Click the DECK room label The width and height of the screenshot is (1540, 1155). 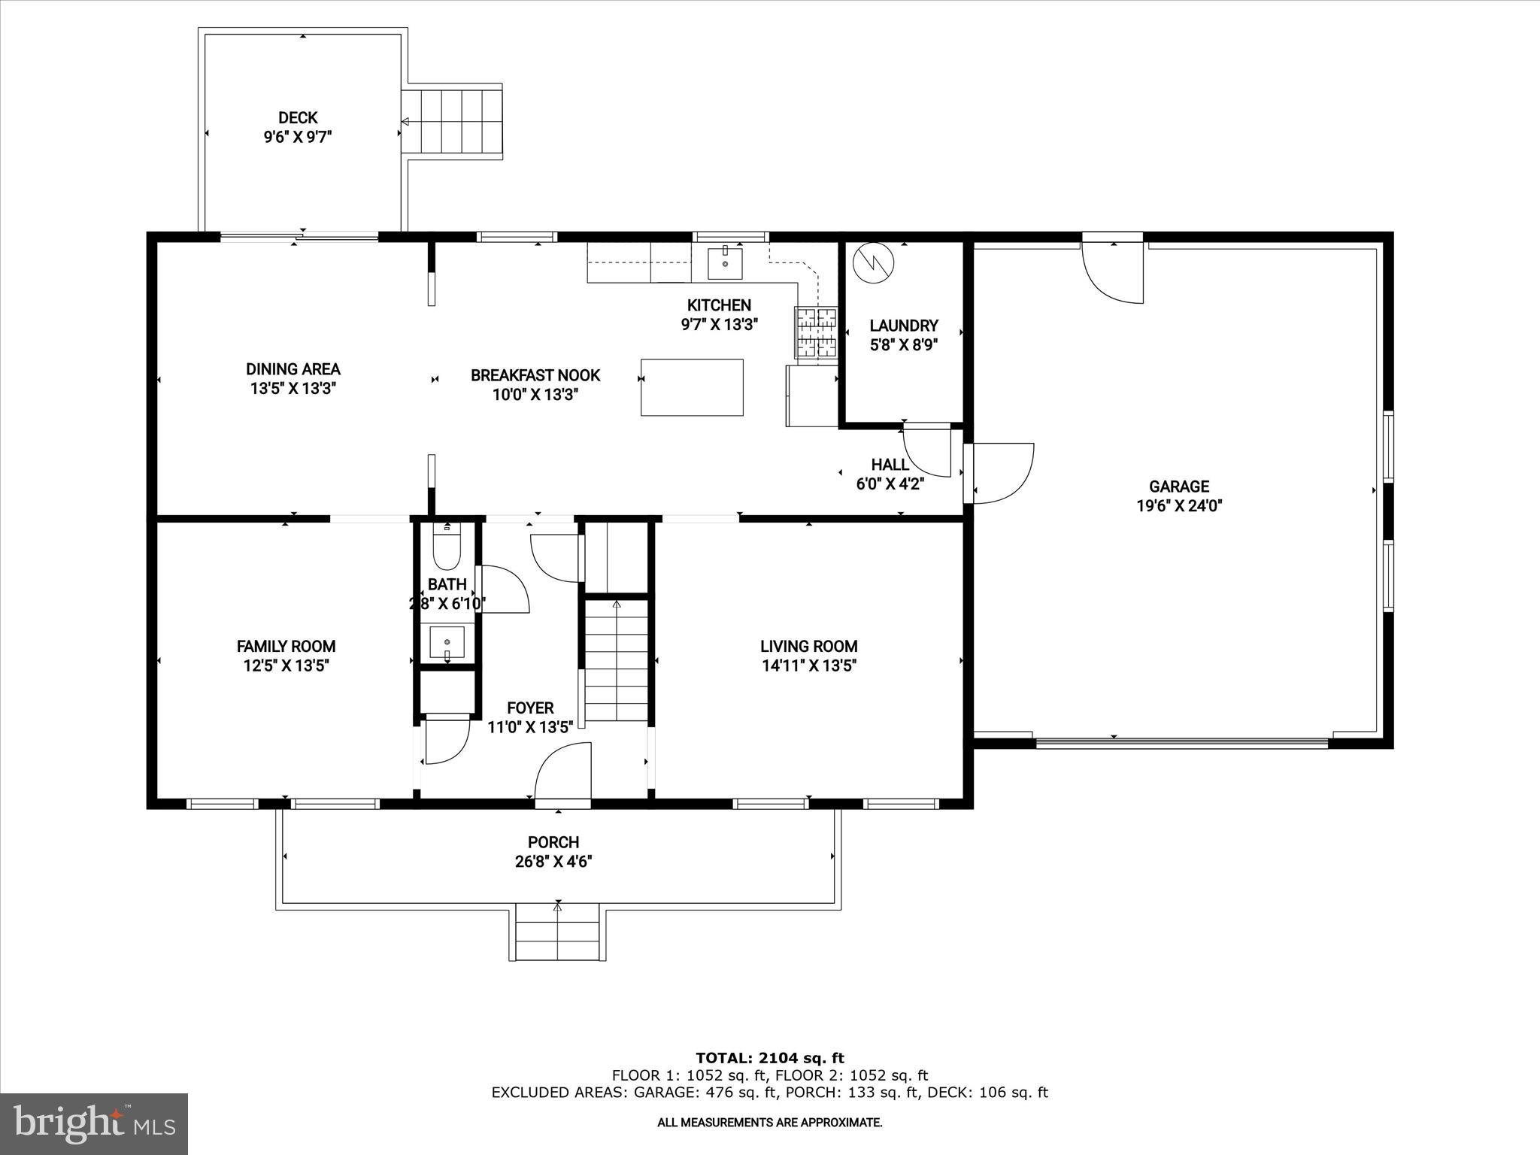pyautogui.click(x=298, y=118)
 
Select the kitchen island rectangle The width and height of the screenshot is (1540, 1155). pyautogui.click(x=692, y=387)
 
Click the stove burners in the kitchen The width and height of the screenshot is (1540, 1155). pyautogui.click(x=816, y=332)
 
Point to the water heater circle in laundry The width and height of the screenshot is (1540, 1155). pyautogui.click(x=874, y=262)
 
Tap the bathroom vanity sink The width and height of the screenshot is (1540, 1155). pyautogui.click(x=447, y=642)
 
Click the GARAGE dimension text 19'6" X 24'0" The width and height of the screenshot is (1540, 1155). pyautogui.click(x=1179, y=506)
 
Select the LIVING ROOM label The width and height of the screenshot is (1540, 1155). pyautogui.click(x=808, y=646)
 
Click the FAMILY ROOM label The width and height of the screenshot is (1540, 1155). pyautogui.click(x=286, y=646)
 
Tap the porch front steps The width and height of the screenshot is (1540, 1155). pyautogui.click(x=557, y=933)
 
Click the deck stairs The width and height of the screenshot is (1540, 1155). pyautogui.click(x=452, y=121)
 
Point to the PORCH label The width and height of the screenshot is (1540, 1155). pyautogui.click(x=553, y=842)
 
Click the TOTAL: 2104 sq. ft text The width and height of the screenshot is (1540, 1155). pyautogui.click(x=769, y=1059)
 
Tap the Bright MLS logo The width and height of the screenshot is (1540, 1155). pyautogui.click(x=94, y=1123)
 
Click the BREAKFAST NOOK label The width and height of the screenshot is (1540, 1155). pyautogui.click(x=535, y=375)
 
